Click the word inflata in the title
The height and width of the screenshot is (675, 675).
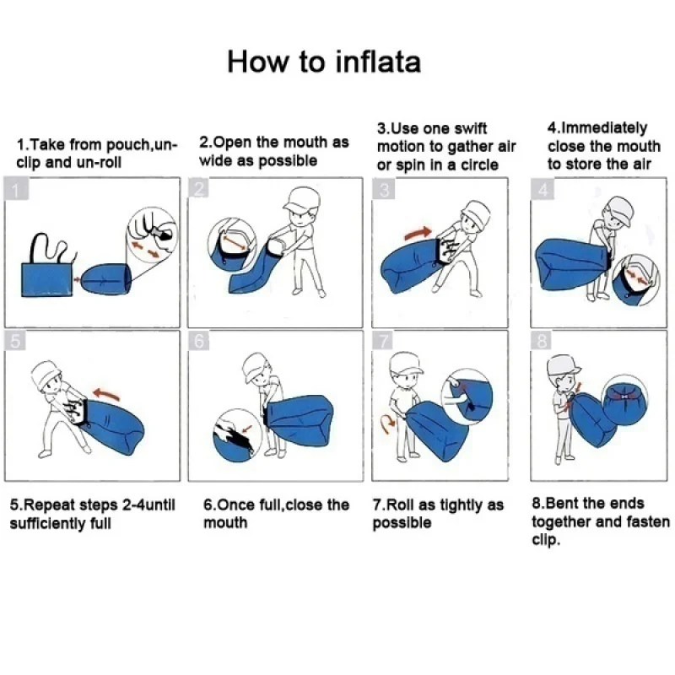click(x=377, y=62)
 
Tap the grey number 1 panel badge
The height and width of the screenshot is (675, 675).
click(x=16, y=189)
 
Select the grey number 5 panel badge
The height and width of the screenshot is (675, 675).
click(x=15, y=341)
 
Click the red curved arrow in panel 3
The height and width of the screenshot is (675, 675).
click(x=418, y=233)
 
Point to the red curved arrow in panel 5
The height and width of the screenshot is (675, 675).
click(x=106, y=393)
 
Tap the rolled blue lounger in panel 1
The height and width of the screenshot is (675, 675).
click(x=106, y=279)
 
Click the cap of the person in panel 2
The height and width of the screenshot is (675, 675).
click(x=302, y=199)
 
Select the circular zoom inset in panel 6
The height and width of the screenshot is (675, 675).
click(x=237, y=435)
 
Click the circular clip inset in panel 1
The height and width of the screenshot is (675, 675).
click(x=152, y=235)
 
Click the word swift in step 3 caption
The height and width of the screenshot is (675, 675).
click(x=471, y=128)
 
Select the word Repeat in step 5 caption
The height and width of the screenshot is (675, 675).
click(x=48, y=505)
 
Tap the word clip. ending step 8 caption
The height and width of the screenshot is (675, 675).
click(x=546, y=540)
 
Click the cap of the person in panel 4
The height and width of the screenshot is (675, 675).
click(x=618, y=209)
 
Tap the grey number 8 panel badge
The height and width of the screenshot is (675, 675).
click(x=542, y=341)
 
